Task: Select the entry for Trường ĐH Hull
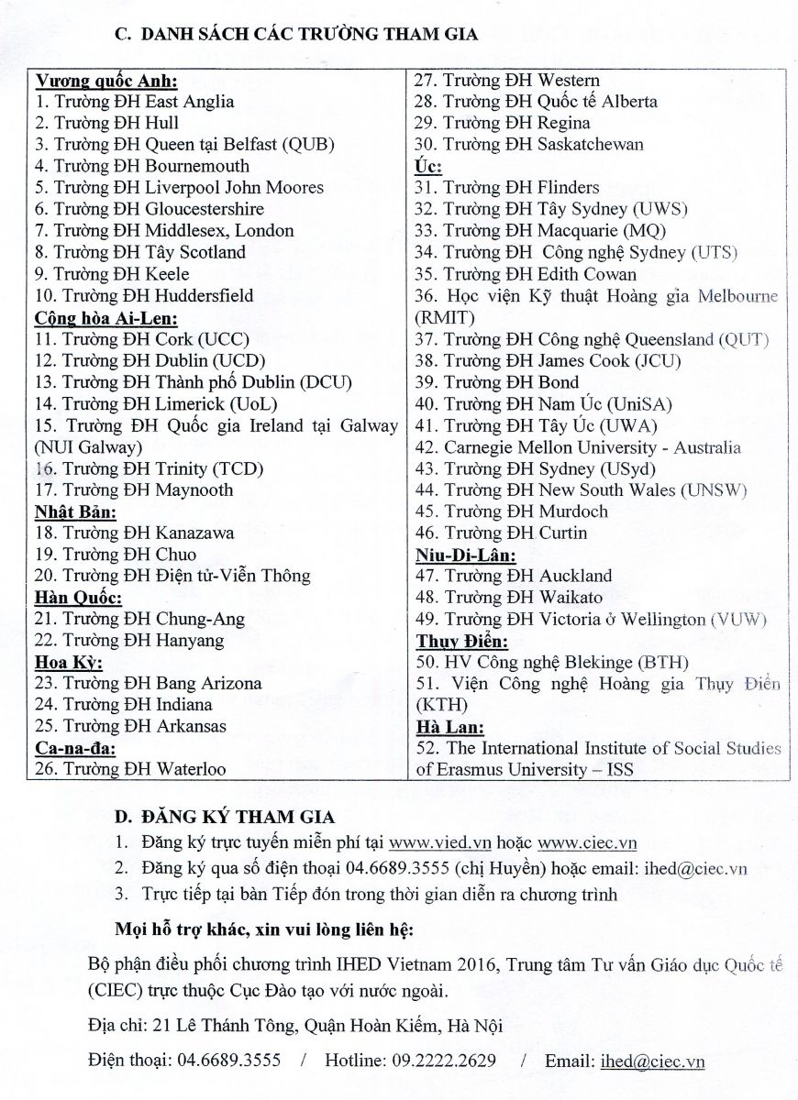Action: pyautogui.click(x=107, y=123)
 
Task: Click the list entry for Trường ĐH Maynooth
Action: pyautogui.click(x=134, y=489)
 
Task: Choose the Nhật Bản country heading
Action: pyautogui.click(x=75, y=511)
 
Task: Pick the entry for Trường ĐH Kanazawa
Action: pyautogui.click(x=135, y=533)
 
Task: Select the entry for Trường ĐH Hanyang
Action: pyautogui.click(x=129, y=640)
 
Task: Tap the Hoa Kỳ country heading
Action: pyautogui.click(x=69, y=662)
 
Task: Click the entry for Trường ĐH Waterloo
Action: pyautogui.click(x=130, y=769)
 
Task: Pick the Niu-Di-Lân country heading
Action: pyautogui.click(x=465, y=555)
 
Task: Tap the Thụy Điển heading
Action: pyautogui.click(x=461, y=641)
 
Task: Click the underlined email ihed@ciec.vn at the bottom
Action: pyautogui.click(x=652, y=1061)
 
